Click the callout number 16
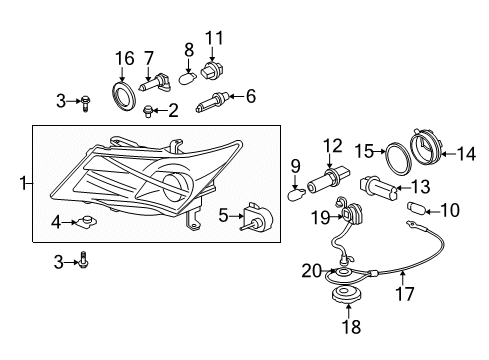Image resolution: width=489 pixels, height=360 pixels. point(124,60)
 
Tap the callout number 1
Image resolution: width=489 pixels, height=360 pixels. point(23,182)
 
